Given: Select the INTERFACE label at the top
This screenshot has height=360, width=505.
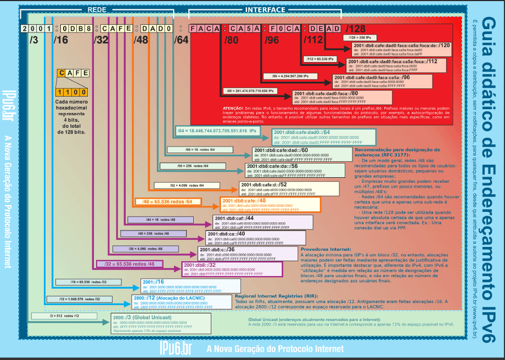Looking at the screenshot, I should coord(265,10).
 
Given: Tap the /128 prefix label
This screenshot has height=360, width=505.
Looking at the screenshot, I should coord(356,29).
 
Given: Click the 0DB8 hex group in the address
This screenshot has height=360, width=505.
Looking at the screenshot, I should coord(73,28).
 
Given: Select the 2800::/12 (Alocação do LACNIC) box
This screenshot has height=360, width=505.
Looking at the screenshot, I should coord(178,302).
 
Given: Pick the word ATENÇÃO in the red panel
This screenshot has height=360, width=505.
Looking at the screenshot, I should coord(234,108).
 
